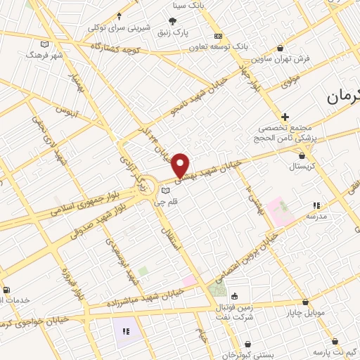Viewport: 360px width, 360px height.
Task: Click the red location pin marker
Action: (x=181, y=165)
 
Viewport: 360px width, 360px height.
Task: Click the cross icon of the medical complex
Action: (x=285, y=116)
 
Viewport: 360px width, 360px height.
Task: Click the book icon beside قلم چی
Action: (x=165, y=191)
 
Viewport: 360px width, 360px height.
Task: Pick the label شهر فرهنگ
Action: (x=44, y=53)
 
